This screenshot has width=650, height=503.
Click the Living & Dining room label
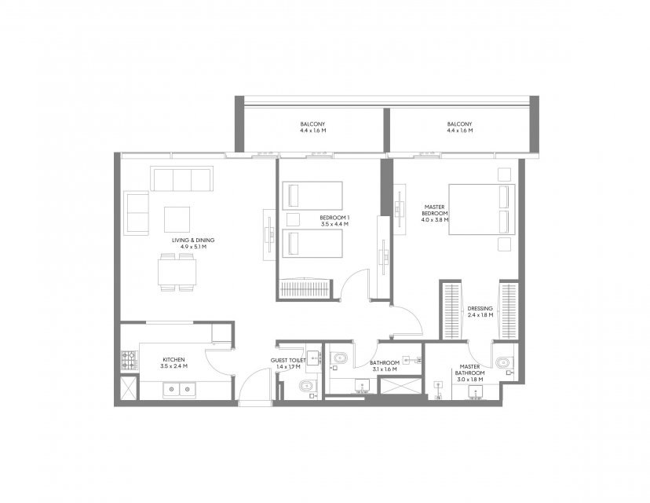(193, 240)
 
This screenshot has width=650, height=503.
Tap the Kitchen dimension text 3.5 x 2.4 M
(173, 366)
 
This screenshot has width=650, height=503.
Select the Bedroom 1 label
(334, 218)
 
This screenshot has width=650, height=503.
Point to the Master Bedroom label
(434, 210)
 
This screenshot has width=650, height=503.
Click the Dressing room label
(480, 308)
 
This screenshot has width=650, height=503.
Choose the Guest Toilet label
(288, 360)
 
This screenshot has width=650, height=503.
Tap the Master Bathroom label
(469, 369)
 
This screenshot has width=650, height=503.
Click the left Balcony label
(312, 124)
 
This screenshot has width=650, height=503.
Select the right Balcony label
(459, 124)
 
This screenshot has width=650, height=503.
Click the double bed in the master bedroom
(482, 209)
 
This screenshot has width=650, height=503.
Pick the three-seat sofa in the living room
(181, 179)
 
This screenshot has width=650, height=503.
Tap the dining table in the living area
(177, 272)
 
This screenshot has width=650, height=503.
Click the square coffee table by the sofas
(177, 219)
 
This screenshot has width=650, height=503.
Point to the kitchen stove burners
(129, 361)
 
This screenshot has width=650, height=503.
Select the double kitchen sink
(179, 389)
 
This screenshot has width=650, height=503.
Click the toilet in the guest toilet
(307, 387)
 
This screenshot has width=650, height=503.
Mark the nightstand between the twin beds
(293, 219)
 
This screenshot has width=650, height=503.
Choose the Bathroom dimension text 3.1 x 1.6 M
(385, 369)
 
